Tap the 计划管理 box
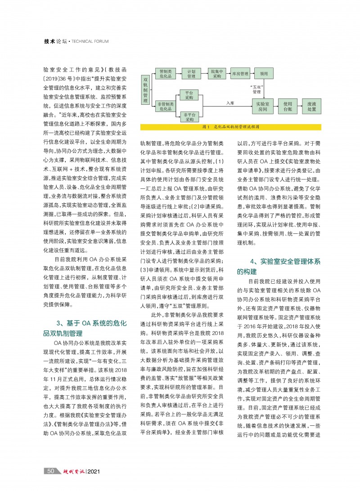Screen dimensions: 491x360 (x=191, y=74)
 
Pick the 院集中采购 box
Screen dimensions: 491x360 (x=217, y=74)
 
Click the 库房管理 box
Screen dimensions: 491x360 (x=239, y=74)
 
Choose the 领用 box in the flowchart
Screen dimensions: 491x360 (x=264, y=74)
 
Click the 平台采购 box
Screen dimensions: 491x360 (x=189, y=94)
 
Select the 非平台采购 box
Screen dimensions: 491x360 (x=189, y=117)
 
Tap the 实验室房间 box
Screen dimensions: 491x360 (x=263, y=106)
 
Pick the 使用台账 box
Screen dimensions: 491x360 (x=288, y=106)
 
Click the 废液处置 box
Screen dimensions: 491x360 (x=311, y=106)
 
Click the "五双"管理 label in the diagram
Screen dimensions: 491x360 (x=256, y=89)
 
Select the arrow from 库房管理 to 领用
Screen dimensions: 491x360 (x=252, y=74)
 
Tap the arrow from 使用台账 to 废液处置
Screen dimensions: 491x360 (x=300, y=106)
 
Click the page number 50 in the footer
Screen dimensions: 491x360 (x=51, y=471)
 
